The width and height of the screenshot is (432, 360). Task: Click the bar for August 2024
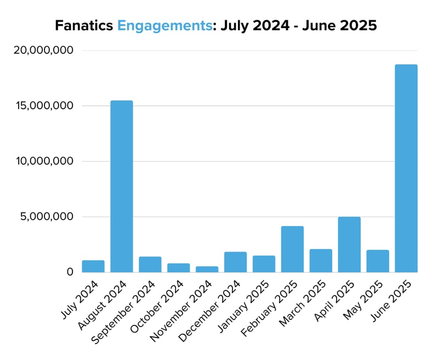click(122, 187)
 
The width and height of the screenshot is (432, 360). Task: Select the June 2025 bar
click(406, 168)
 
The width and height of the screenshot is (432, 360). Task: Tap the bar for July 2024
click(93, 266)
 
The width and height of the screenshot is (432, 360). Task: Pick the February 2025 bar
click(292, 249)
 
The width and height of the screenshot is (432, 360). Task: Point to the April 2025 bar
click(349, 245)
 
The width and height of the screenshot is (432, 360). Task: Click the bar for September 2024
click(150, 265)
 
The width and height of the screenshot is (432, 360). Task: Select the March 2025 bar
click(321, 261)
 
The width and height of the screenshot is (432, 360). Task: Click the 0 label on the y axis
click(70, 272)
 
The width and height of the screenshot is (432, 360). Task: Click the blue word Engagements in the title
click(164, 26)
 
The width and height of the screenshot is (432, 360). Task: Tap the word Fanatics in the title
click(84, 25)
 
